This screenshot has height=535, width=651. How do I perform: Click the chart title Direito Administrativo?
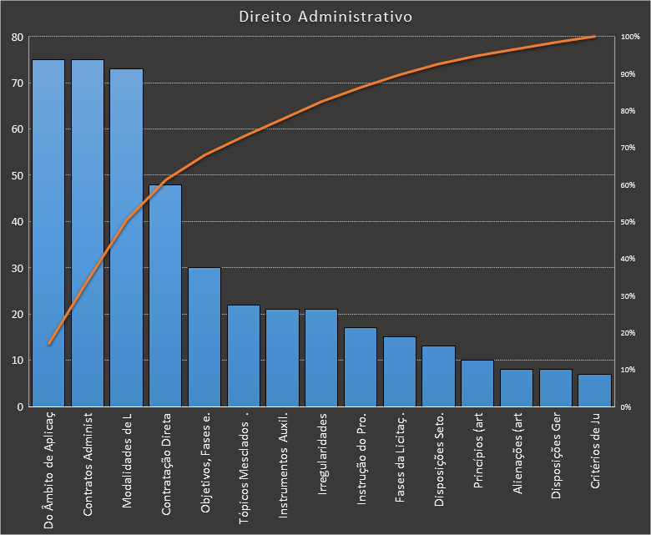tap(325, 16)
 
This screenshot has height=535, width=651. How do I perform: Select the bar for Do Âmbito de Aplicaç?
tap(48, 233)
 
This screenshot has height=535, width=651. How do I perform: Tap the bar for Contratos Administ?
tap(88, 233)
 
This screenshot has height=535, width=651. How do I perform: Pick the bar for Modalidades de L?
tap(126, 237)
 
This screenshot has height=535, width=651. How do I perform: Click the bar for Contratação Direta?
tap(165, 295)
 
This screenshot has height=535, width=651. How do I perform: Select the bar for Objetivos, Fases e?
tap(204, 337)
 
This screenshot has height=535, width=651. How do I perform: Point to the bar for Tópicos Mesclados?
tap(244, 356)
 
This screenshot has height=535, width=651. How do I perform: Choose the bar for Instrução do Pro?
tap(361, 367)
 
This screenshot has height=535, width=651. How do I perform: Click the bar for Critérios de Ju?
tap(594, 390)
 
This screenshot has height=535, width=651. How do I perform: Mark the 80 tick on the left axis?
tap(17, 37)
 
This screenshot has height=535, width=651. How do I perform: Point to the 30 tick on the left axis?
tap(17, 268)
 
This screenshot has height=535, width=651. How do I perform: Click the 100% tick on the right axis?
tap(628, 37)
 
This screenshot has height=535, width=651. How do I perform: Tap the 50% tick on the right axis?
tap(628, 222)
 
